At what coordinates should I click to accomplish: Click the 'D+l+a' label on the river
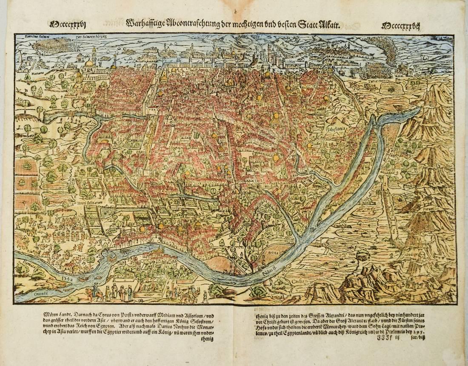click(68, 279)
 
